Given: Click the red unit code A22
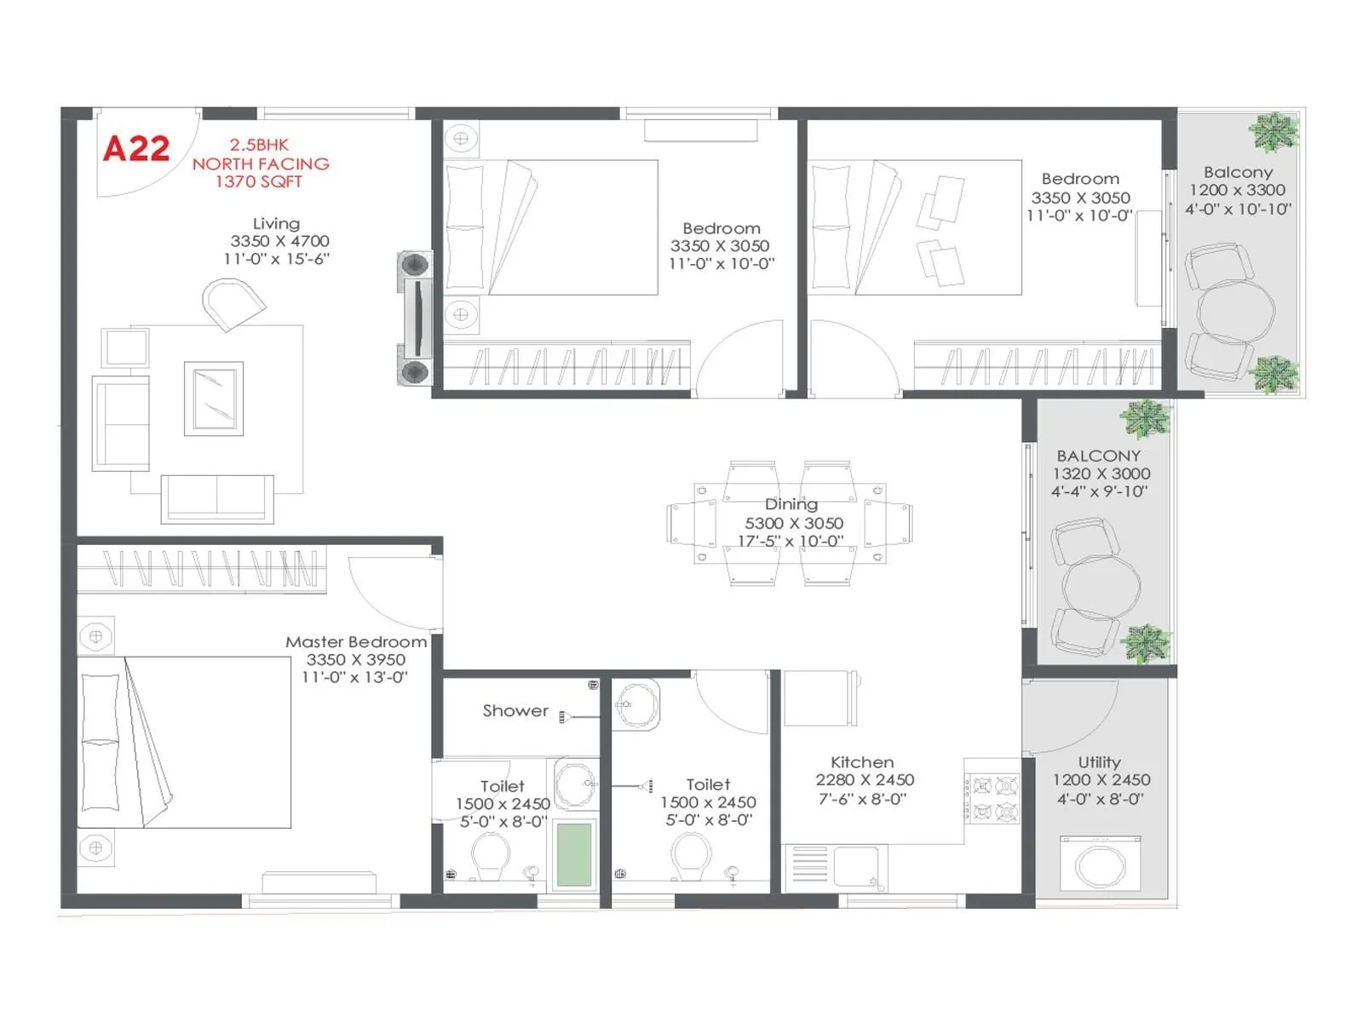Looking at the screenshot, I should click(x=136, y=149).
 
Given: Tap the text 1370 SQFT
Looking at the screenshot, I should click(x=259, y=181).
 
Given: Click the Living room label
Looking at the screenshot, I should click(x=276, y=223).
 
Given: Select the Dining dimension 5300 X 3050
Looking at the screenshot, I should click(x=794, y=523).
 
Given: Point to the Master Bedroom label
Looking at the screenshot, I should click(x=356, y=642).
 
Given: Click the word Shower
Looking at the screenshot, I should click(x=515, y=710).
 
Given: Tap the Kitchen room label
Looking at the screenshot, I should click(x=862, y=762).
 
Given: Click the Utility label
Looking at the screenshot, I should click(x=1099, y=762).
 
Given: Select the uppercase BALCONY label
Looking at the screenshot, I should click(x=1099, y=456).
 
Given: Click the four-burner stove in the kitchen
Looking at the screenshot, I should click(x=993, y=799).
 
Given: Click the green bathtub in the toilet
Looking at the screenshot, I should click(x=574, y=854).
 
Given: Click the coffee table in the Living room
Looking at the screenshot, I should click(x=214, y=399).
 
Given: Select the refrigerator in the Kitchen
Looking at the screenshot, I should click(x=820, y=698).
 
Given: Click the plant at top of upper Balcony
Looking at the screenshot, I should click(x=1273, y=132).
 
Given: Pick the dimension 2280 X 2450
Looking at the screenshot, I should click(x=865, y=780).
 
